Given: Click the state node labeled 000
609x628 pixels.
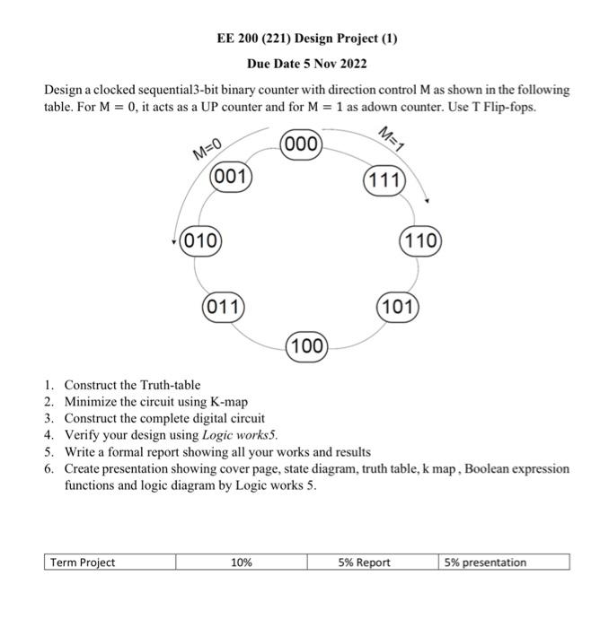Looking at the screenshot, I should [303, 145].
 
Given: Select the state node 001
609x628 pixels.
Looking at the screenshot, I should [231, 177].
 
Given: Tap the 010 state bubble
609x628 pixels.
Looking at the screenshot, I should [202, 240].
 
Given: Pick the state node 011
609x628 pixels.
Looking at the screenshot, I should [224, 306].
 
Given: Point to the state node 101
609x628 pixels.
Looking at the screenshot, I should [398, 306].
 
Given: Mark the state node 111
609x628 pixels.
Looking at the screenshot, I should [385, 180].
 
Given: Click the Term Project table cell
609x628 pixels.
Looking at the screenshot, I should [109, 563].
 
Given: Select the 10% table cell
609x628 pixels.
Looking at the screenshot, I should [242, 563].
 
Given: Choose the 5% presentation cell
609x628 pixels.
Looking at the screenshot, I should [505, 563].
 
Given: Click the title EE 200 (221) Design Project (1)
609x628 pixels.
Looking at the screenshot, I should [306, 39].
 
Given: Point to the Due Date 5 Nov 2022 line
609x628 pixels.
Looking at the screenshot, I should [306, 65].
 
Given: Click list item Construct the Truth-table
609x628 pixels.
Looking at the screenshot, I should [132, 385].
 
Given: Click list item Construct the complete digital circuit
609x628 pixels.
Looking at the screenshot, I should [164, 418].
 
